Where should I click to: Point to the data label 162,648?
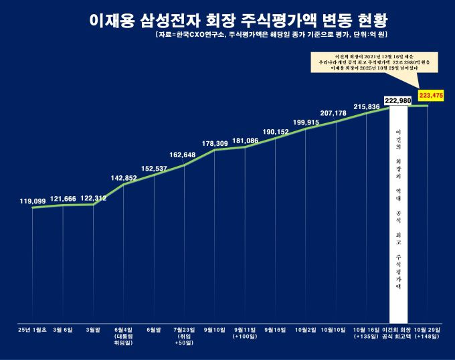click(x=183, y=155)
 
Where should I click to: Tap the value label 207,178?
click(x=337, y=113)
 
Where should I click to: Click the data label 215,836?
click(x=367, y=106)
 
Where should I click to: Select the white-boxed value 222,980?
click(x=398, y=100)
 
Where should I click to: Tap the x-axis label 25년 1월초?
click(x=32, y=330)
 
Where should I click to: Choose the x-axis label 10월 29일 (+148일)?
click(x=427, y=333)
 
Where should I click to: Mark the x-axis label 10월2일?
click(x=306, y=330)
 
